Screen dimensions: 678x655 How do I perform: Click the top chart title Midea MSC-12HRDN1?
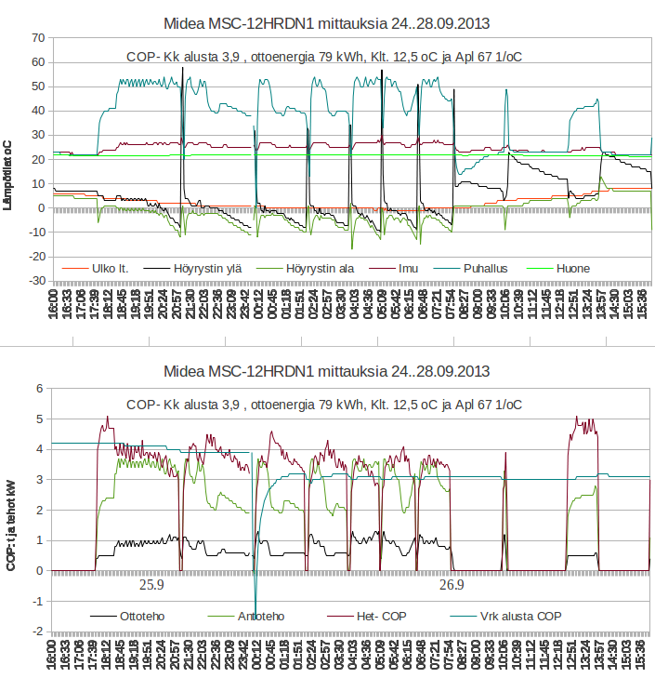[327, 20]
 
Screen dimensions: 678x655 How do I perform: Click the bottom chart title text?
[327, 371]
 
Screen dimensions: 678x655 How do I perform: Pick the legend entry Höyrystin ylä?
[207, 269]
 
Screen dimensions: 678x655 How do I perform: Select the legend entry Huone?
[572, 269]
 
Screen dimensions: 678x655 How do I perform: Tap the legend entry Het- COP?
[382, 616]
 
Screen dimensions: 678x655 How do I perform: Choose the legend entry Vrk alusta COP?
[520, 616]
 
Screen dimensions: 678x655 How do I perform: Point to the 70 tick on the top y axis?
[38, 38]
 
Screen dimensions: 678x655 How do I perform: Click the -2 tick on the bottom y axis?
[39, 632]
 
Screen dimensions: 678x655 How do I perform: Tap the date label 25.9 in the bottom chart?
[151, 586]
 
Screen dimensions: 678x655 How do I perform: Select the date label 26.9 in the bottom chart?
[452, 586]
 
